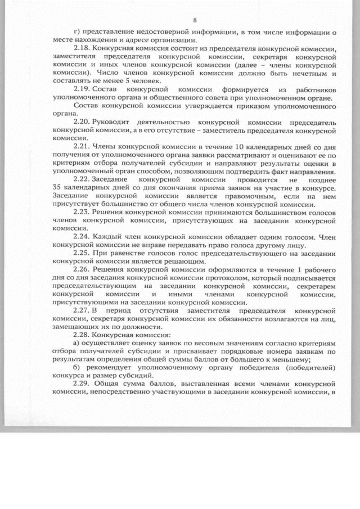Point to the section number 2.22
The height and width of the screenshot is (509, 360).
pos(82,178)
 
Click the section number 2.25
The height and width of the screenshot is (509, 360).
pos(82,253)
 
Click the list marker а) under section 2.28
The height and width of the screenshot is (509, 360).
pos(78,343)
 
